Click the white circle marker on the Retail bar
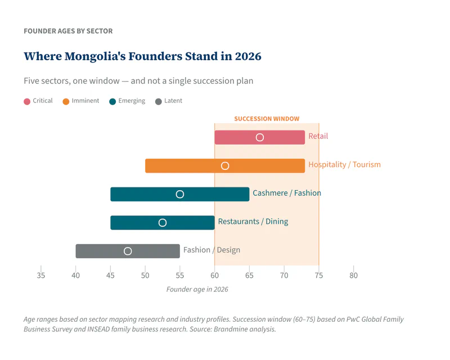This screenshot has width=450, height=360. coord(260,137)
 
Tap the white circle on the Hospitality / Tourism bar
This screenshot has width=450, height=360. coord(225,166)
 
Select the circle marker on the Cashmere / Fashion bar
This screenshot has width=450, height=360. coord(180,194)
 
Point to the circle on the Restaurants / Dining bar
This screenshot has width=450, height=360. coord(163,223)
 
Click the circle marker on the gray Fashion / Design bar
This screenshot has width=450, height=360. coord(128,251)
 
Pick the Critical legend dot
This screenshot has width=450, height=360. coord(27,101)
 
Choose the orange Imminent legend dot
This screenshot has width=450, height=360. coord(66,101)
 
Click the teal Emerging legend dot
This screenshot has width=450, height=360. coord(112,101)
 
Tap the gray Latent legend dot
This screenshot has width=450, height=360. coord(159,101)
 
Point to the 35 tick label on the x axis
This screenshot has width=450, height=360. coord(41,276)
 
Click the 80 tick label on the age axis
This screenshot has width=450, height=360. coord(353,276)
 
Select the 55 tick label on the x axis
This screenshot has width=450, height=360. coord(180,276)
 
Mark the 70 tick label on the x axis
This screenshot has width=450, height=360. coord(284,276)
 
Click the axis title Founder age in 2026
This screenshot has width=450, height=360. coord(197,289)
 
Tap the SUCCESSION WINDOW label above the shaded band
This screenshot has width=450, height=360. coord(267,119)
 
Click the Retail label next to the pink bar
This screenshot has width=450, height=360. coord(318,136)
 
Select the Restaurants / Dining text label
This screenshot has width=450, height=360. coord(253,222)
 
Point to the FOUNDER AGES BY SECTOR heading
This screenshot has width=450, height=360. coord(68,31)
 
